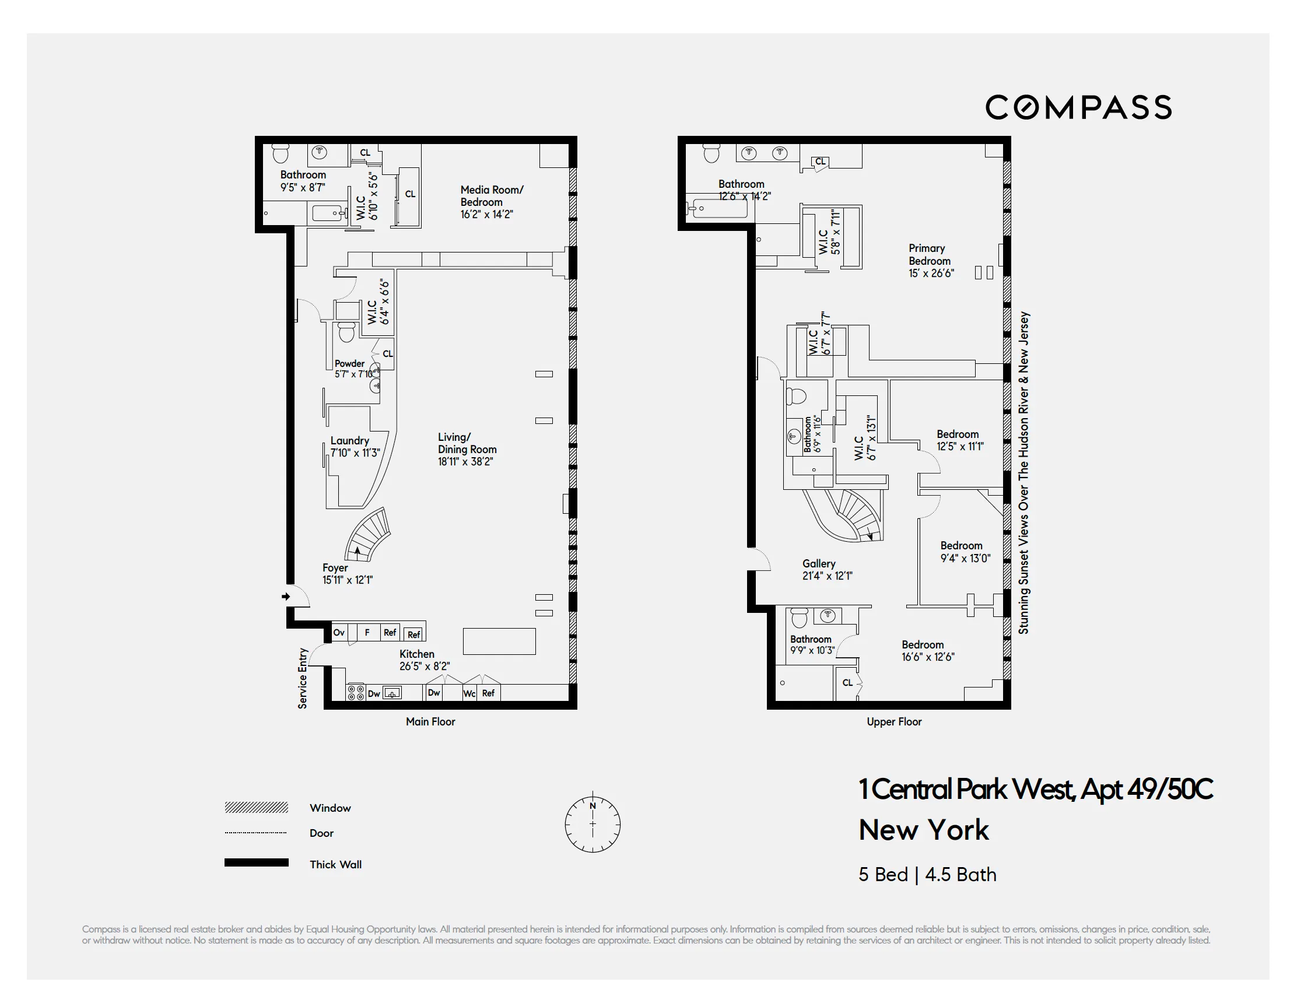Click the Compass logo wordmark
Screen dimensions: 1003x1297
[1078, 107]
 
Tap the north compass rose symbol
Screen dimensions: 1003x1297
[592, 823]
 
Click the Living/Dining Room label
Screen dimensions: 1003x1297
[467, 449]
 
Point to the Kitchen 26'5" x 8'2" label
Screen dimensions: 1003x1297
[424, 660]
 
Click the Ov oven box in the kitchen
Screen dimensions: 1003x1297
[339, 633]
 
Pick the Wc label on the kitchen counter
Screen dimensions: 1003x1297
[469, 693]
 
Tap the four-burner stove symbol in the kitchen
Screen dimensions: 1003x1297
[356, 692]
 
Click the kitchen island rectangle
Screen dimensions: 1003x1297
[499, 641]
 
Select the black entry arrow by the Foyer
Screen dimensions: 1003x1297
[286, 596]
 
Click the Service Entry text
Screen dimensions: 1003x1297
[302, 678]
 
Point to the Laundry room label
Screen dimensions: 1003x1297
[355, 447]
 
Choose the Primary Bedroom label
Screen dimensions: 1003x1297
[931, 261]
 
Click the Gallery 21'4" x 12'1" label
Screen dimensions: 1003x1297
[826, 570]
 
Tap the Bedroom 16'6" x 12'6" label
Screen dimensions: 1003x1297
[928, 650]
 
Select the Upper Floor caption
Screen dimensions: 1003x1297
[894, 721]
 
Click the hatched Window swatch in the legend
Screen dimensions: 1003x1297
[256, 807]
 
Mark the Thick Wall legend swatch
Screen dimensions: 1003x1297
[256, 862]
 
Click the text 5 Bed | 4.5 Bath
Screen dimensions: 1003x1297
[927, 874]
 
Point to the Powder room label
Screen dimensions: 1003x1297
[353, 368]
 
